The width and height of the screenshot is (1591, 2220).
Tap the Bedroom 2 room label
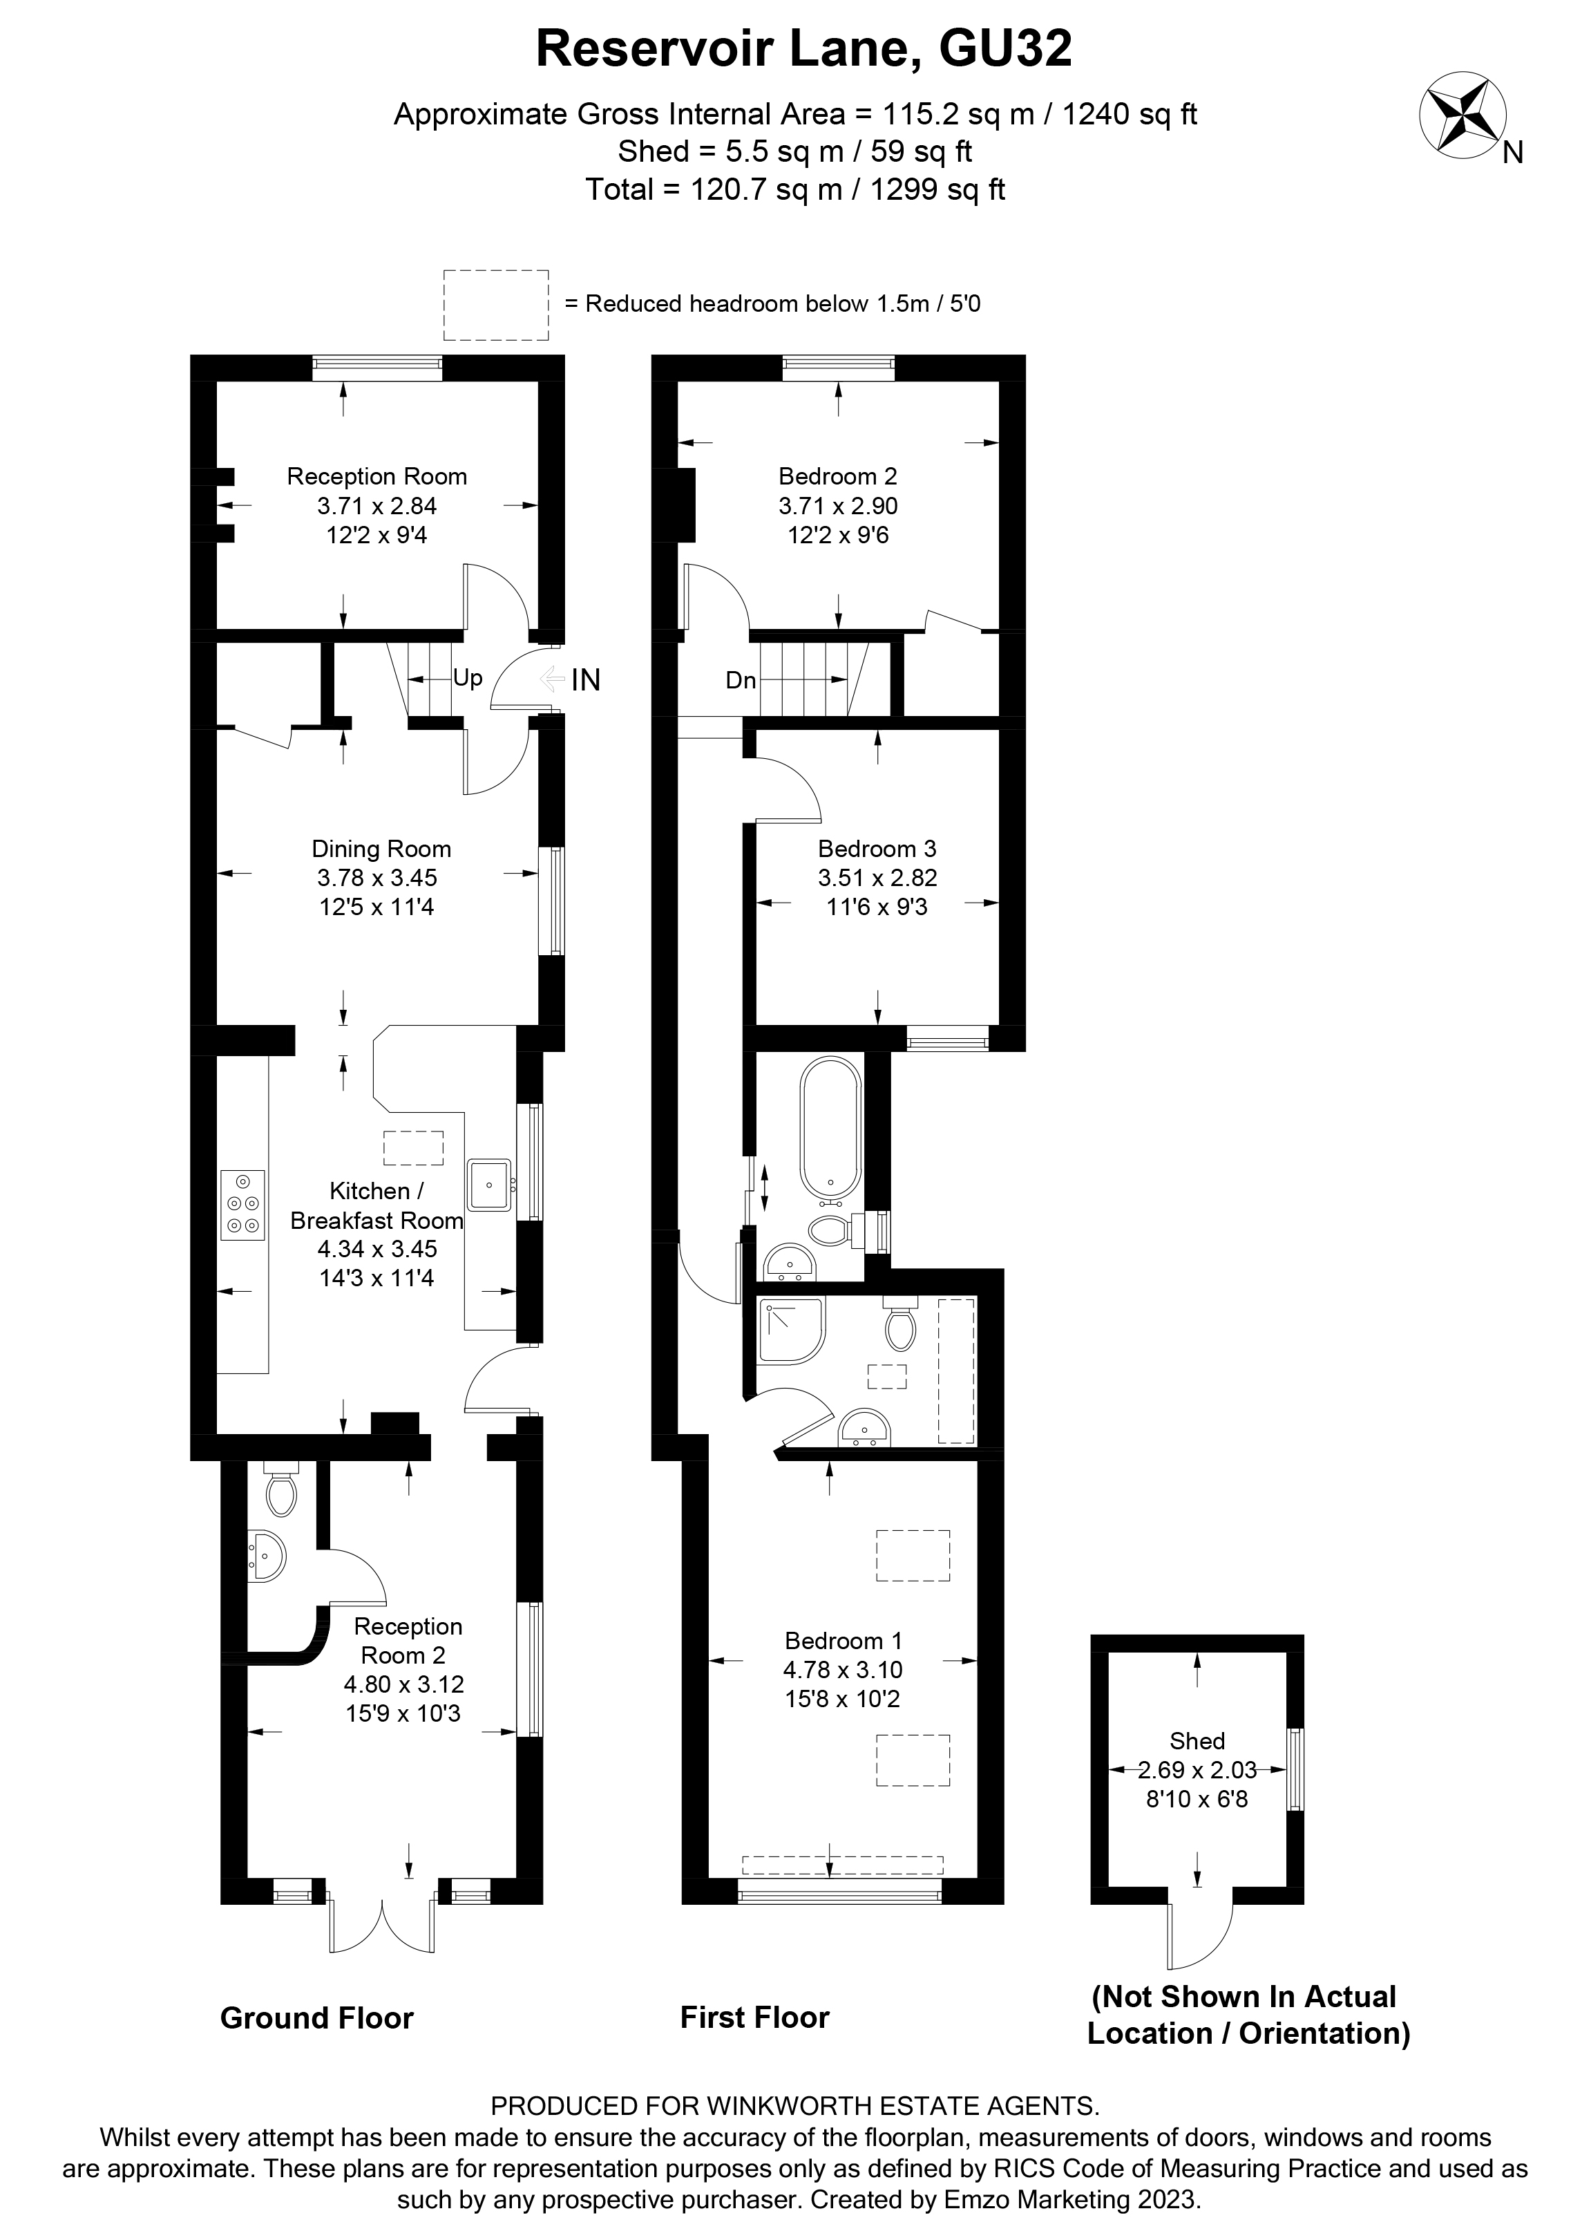click(837, 477)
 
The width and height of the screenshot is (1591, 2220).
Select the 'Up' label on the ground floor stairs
click(468, 677)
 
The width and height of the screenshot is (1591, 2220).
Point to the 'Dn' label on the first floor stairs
click(741, 679)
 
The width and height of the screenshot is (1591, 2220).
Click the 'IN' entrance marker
click(585, 679)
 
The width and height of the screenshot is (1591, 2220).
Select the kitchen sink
click(489, 1185)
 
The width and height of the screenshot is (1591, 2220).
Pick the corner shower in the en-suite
click(790, 1331)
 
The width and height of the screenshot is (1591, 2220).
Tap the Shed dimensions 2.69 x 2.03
click(1197, 1770)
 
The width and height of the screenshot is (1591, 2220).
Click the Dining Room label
click(381, 849)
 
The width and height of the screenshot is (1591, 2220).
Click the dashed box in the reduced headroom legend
click(495, 304)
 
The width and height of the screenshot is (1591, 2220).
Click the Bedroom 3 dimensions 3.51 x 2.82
click(877, 878)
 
